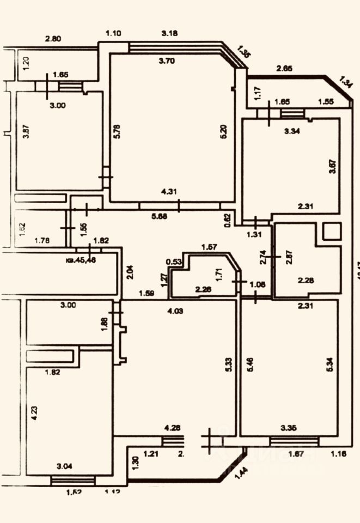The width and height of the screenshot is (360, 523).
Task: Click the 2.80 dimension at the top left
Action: pyautogui.click(x=53, y=38)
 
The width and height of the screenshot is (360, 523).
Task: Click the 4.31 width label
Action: pyautogui.click(x=168, y=192)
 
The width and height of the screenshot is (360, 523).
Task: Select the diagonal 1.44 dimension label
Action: pyautogui.click(x=238, y=471)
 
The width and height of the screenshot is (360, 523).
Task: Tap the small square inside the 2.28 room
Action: pyautogui.click(x=331, y=232)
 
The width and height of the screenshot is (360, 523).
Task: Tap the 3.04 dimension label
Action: pyautogui.click(x=66, y=466)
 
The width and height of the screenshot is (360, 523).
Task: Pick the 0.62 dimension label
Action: pyautogui.click(x=228, y=218)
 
